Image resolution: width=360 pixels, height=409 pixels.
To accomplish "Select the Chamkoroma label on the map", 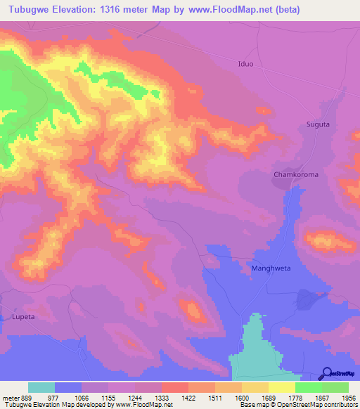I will point(296,174).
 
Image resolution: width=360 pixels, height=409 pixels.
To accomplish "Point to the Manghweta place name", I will point(271,268).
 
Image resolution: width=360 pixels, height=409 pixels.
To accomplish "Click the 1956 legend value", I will point(348,397).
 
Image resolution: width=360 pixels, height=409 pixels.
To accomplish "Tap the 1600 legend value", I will point(242,397).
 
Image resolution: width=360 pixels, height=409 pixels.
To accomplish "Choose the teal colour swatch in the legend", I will point(41,387).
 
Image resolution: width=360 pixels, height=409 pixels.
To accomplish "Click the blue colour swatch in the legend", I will point(68,387).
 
